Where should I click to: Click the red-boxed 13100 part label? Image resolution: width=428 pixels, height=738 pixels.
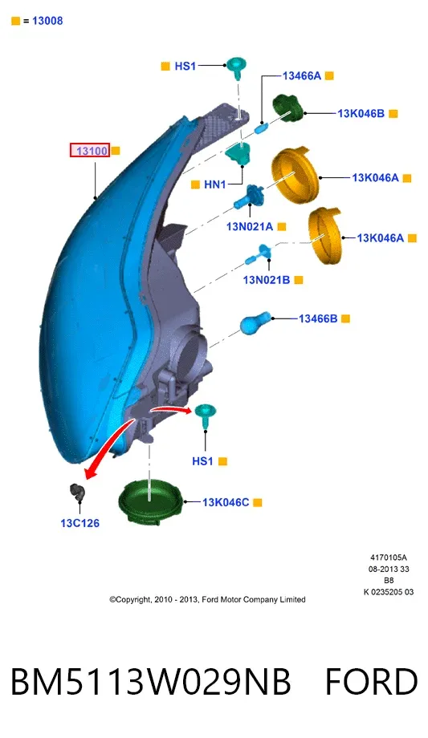pyautogui.click(x=90, y=151)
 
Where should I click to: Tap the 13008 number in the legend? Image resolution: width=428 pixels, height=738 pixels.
pyautogui.click(x=47, y=21)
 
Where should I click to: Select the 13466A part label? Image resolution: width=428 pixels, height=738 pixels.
pyautogui.click(x=302, y=75)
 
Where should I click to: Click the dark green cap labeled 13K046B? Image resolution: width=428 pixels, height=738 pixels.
pyautogui.click(x=288, y=108)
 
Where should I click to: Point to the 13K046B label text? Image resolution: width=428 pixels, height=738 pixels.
pyautogui.click(x=361, y=113)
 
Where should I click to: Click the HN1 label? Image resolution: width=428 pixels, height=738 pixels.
pyautogui.click(x=215, y=184)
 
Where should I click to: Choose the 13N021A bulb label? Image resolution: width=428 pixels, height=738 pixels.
pyautogui.click(x=250, y=227)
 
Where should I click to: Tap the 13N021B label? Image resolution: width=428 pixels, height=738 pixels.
pyautogui.click(x=267, y=280)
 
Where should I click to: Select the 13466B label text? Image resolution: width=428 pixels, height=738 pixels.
pyautogui.click(x=318, y=318)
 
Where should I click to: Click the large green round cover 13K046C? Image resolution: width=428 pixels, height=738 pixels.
pyautogui.click(x=150, y=504)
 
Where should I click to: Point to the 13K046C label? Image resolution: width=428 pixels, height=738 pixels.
pyautogui.click(x=226, y=502)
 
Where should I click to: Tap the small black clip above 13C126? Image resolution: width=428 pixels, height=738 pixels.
pyautogui.click(x=77, y=493)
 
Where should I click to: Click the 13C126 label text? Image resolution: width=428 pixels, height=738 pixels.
pyautogui.click(x=79, y=523)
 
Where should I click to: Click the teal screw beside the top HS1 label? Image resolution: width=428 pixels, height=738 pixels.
pyautogui.click(x=237, y=67)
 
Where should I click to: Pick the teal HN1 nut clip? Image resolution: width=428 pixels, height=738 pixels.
pyautogui.click(x=239, y=153)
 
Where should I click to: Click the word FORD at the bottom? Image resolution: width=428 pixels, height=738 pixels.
pyautogui.click(x=372, y=682)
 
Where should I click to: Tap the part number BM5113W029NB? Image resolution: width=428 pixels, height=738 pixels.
pyautogui.click(x=151, y=682)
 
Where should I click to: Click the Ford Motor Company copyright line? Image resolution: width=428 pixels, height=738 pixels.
pyautogui.click(x=207, y=600)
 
